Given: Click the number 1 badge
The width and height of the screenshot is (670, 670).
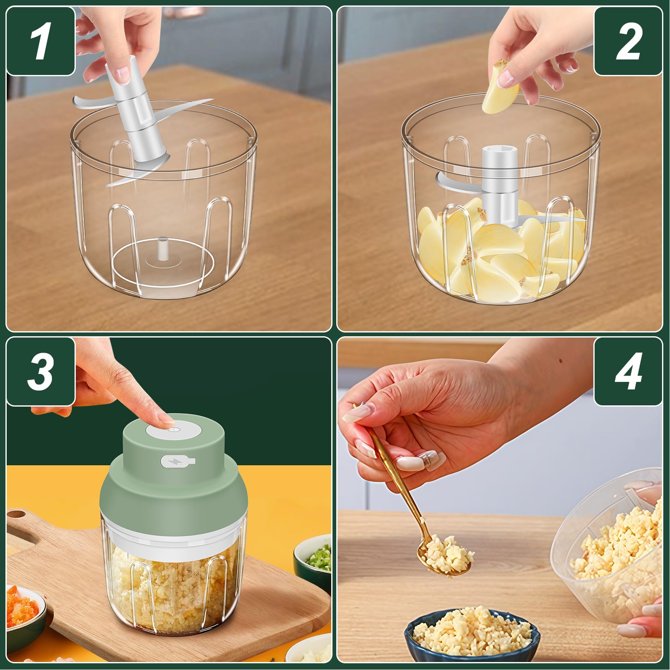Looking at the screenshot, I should pyautogui.click(x=41, y=41).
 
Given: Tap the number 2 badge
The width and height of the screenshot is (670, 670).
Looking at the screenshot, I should pyautogui.click(x=628, y=41).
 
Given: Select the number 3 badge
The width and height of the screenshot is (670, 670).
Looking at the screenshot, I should pyautogui.click(x=41, y=371).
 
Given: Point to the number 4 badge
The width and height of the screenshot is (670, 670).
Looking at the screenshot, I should pyautogui.click(x=628, y=371).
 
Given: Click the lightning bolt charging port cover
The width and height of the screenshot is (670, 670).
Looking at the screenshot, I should pyautogui.click(x=178, y=461).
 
